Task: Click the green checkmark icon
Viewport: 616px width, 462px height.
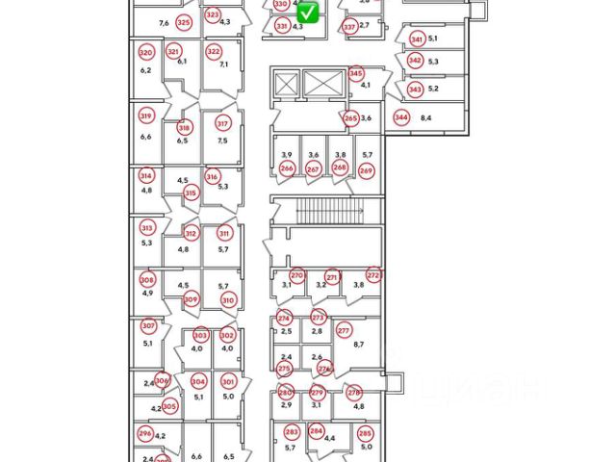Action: tap(308, 13)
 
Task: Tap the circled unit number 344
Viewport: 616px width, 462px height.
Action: tap(401, 117)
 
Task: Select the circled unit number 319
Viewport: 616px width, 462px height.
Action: tap(146, 116)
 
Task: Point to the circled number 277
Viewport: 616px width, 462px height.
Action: tap(344, 331)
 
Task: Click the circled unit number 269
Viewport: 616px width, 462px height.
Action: tap(366, 169)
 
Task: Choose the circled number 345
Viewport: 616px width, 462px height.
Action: tap(356, 73)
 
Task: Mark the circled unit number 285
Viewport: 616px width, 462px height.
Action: tap(367, 432)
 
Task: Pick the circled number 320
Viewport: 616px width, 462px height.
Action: tap(146, 53)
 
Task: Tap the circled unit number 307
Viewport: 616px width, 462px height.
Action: tap(148, 326)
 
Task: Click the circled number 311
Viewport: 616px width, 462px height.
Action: tap(224, 233)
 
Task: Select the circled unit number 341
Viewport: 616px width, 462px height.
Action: tap(417, 39)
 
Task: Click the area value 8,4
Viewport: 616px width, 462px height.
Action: tap(426, 117)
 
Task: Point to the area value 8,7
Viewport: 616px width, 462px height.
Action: tap(360, 344)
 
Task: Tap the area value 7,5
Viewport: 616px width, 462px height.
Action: tap(223, 141)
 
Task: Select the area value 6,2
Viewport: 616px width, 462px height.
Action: tap(146, 70)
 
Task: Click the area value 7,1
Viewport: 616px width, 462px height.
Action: tap(223, 64)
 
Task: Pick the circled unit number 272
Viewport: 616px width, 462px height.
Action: tap(374, 275)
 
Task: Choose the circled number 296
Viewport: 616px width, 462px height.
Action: tap(145, 434)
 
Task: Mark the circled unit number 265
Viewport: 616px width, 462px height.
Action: tap(351, 117)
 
